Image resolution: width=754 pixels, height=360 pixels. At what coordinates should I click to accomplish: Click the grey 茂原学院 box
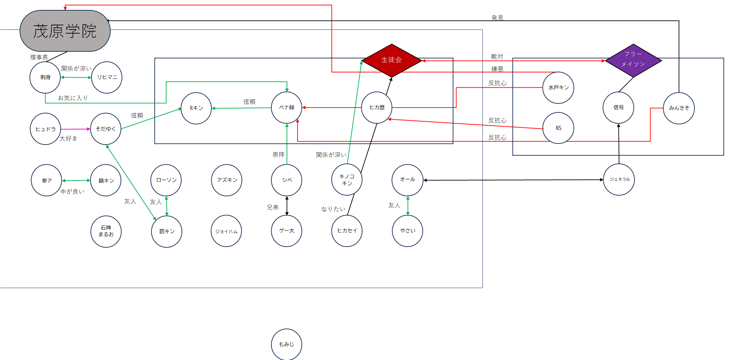tap(65, 31)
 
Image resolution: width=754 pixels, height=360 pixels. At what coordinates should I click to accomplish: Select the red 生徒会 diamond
tap(392, 60)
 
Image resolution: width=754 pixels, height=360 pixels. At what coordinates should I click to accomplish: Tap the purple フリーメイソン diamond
tap(633, 60)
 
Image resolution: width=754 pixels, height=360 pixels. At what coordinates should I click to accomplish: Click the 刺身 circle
tap(45, 77)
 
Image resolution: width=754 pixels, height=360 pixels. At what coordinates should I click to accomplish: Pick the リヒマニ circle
tap(107, 77)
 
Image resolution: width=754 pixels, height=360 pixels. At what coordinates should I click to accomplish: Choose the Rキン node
tap(196, 108)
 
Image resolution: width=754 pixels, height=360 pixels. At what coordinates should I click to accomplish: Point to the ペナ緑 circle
tap(287, 108)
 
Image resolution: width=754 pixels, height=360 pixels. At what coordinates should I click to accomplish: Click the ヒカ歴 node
tap(377, 108)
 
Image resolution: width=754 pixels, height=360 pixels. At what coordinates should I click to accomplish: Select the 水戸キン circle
tap(558, 88)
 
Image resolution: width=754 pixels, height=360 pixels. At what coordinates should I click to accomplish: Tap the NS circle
tap(558, 128)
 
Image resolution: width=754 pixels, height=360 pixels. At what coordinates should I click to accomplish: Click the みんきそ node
tap(679, 108)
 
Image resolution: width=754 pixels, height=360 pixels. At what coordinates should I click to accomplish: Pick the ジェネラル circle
tap(619, 179)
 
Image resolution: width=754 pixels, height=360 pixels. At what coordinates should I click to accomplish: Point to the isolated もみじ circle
tap(287, 344)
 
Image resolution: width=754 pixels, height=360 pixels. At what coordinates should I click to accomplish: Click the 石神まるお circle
tap(106, 232)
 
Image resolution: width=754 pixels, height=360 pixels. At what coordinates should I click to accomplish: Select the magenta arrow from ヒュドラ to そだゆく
tap(76, 129)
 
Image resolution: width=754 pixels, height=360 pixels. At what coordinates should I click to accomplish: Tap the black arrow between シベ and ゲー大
tap(287, 206)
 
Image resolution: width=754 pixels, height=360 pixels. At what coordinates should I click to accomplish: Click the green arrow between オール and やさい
tap(408, 206)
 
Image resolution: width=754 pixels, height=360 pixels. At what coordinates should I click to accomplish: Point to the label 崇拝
tap(279, 155)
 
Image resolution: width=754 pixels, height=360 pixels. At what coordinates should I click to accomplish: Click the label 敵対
tap(497, 57)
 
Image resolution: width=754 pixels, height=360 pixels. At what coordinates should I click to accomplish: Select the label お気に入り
tap(73, 98)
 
